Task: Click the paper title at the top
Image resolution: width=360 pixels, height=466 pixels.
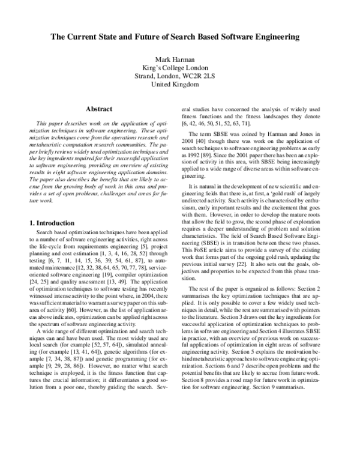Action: coord(180,37)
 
